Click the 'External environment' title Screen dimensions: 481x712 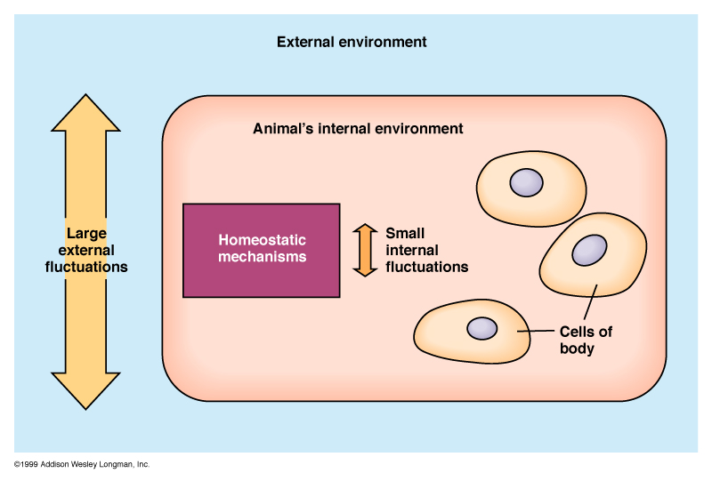[352, 42]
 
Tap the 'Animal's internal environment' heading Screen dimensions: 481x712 [358, 129]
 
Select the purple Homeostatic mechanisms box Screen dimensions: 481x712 [261, 250]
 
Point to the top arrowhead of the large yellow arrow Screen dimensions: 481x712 [85, 116]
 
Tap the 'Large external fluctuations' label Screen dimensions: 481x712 [86, 250]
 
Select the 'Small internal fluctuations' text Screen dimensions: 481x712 [426, 249]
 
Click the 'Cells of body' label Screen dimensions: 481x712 [585, 341]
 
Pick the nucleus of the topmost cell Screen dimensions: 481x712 [525, 183]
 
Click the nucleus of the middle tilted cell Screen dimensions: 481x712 [588, 251]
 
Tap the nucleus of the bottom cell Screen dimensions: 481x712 [482, 328]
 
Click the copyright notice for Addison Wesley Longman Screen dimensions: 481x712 [82, 465]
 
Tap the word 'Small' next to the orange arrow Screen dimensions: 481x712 [404, 233]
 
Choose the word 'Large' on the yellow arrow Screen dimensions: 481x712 [86, 233]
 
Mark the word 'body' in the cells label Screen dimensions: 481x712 [577, 349]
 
